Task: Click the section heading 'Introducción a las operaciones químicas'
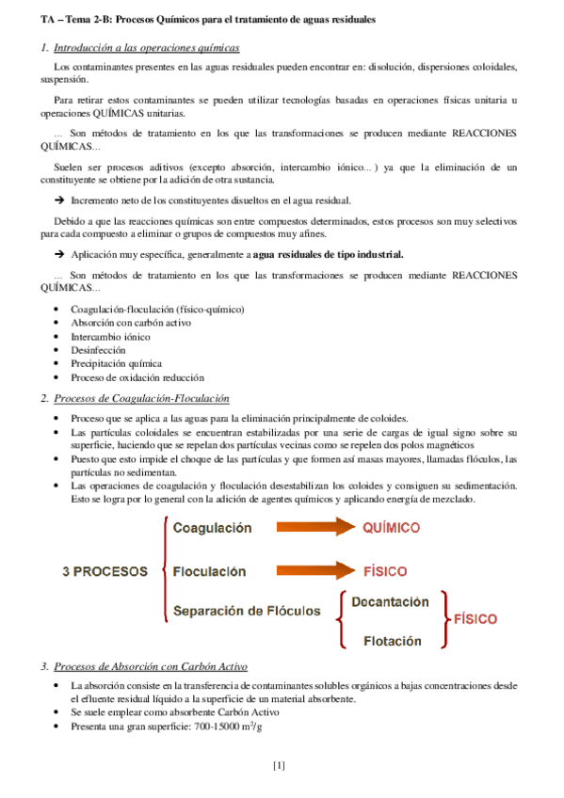(x=147, y=47)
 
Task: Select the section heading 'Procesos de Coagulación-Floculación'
(x=142, y=399)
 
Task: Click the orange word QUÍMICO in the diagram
(x=391, y=528)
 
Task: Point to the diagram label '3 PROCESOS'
(x=105, y=571)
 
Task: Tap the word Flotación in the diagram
(x=393, y=641)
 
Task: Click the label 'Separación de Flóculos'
(x=247, y=611)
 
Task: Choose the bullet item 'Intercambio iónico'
(x=110, y=336)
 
